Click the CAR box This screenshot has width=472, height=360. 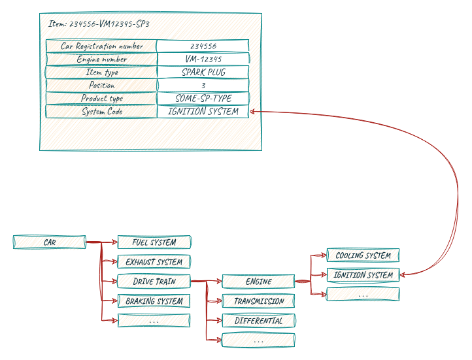(x=50, y=242)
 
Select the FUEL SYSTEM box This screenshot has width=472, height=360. (x=154, y=242)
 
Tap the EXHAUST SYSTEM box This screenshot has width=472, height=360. (x=154, y=262)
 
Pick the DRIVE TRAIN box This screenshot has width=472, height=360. (x=154, y=282)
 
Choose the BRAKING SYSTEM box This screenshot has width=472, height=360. (x=154, y=301)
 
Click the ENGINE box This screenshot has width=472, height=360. (x=259, y=282)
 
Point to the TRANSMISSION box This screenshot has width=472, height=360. (x=259, y=301)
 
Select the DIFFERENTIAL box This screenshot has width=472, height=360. (x=259, y=321)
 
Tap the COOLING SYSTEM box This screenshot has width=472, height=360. (x=363, y=255)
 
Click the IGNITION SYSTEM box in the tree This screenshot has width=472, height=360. (x=363, y=275)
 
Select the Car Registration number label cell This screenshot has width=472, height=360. (x=101, y=46)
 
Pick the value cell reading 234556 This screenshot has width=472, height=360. (x=203, y=46)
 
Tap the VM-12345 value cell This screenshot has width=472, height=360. (x=203, y=59)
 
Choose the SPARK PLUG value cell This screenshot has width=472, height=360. (x=203, y=73)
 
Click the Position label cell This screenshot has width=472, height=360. (x=101, y=86)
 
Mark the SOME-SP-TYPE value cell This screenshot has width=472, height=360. (x=203, y=99)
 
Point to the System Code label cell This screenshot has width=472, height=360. (x=101, y=112)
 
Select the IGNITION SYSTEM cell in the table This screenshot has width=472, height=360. (x=203, y=112)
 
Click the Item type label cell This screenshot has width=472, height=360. (x=101, y=73)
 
